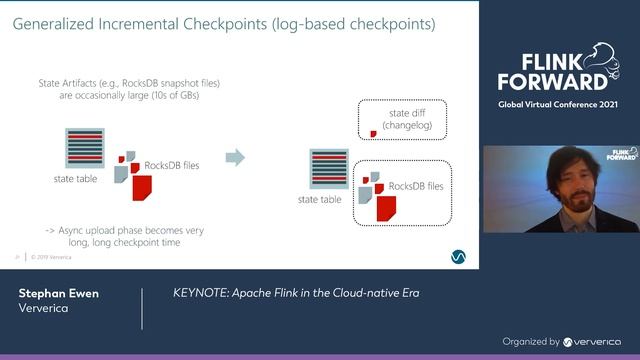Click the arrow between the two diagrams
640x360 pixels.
coord(235,157)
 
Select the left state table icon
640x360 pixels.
coord(85,148)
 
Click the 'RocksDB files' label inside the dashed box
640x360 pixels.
coord(415,186)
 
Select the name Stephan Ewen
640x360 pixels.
coord(57,294)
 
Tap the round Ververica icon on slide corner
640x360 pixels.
coord(457,257)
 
